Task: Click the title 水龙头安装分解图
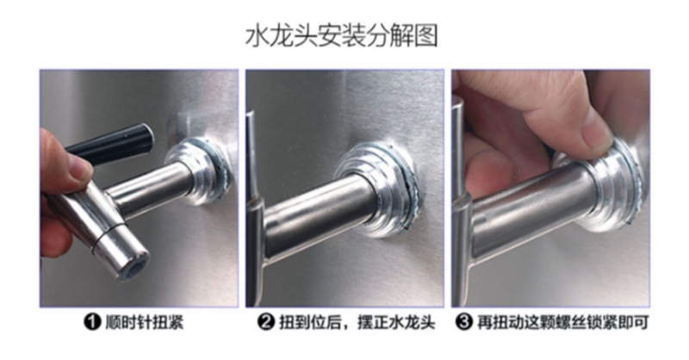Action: coord(341,36)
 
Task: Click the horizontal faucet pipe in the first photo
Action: coord(149,189)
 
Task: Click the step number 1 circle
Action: coord(92,323)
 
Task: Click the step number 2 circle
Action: coord(266,323)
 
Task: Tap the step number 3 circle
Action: coord(463,323)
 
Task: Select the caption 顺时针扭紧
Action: coord(144,323)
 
